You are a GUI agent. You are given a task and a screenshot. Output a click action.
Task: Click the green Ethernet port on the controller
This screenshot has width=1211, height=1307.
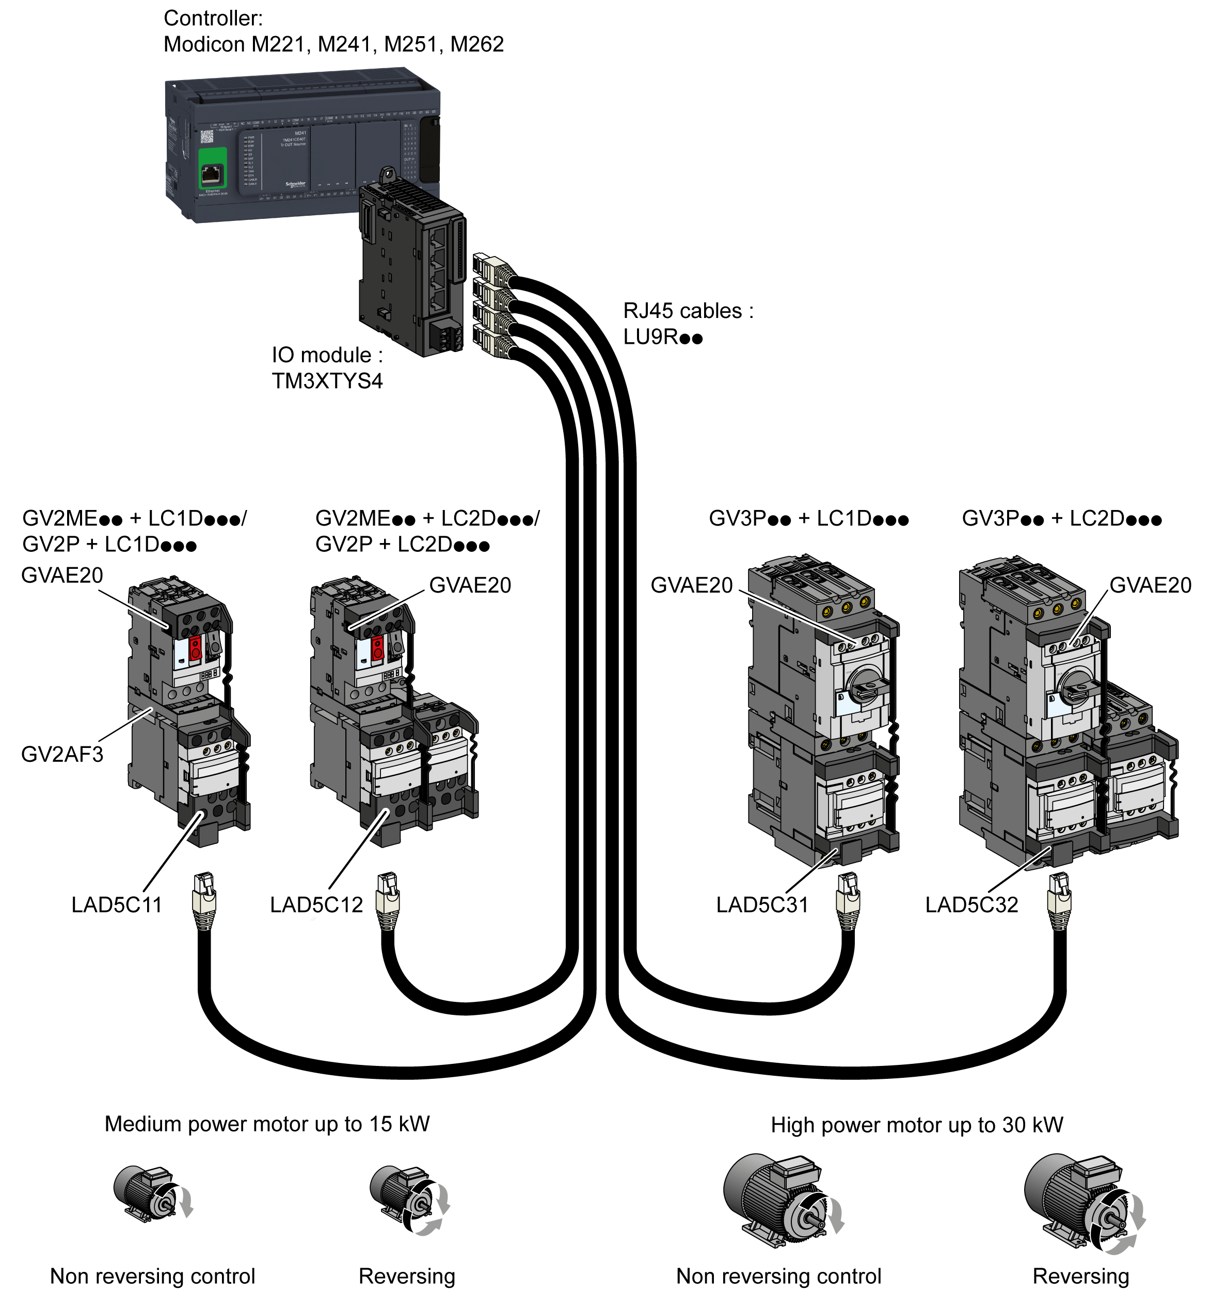(212, 174)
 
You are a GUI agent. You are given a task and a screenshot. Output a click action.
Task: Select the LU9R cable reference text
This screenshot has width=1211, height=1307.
(662, 338)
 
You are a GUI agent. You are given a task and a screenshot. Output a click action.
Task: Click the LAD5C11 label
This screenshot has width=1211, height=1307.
(116, 905)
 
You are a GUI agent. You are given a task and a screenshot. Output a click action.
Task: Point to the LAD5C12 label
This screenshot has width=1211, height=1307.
(316, 905)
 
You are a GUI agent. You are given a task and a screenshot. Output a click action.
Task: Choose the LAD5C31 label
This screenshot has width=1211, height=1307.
(761, 905)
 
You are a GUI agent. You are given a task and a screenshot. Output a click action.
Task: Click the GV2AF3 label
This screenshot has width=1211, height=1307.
(62, 754)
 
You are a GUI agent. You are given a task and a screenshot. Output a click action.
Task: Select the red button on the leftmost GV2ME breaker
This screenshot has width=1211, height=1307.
(195, 648)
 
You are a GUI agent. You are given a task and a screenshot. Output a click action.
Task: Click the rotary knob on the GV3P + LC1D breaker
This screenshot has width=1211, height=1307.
(864, 687)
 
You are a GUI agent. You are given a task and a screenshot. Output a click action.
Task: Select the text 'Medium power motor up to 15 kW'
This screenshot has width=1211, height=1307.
(267, 1124)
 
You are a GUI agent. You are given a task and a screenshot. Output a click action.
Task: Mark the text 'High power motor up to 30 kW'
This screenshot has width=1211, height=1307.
(916, 1125)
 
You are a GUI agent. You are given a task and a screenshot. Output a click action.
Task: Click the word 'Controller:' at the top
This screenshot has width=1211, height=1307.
(213, 19)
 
